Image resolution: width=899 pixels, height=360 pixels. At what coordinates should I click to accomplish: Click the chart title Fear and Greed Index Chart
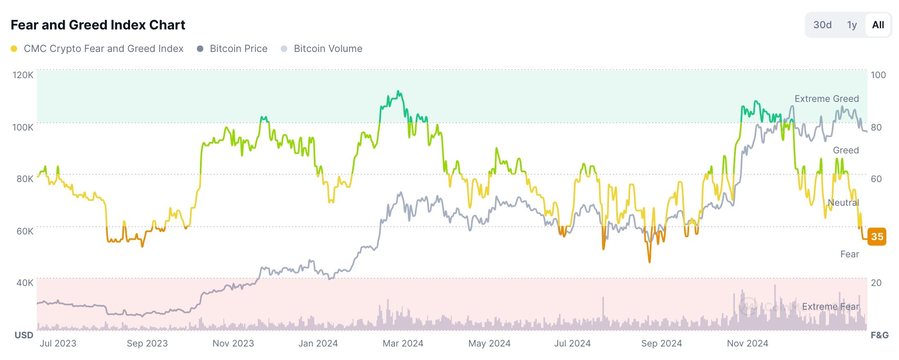pyautogui.click(x=98, y=25)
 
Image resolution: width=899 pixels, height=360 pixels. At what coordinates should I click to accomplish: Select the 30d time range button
pyautogui.click(x=822, y=25)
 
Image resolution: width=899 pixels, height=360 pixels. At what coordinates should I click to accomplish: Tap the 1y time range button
pyautogui.click(x=852, y=25)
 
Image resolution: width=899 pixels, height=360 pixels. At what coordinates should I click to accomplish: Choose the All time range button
pyautogui.click(x=878, y=25)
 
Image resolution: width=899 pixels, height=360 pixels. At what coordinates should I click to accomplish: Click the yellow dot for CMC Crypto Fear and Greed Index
pyautogui.click(x=14, y=49)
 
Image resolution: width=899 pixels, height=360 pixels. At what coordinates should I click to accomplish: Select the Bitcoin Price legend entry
pyautogui.click(x=238, y=49)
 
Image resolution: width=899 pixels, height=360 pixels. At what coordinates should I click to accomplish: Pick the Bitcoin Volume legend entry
pyautogui.click(x=328, y=49)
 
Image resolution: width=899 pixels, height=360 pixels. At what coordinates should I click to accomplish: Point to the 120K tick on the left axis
pyautogui.click(x=23, y=75)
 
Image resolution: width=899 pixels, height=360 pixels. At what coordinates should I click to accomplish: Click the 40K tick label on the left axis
pyautogui.click(x=25, y=283)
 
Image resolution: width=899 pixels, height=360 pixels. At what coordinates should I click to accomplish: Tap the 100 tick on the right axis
pyautogui.click(x=878, y=75)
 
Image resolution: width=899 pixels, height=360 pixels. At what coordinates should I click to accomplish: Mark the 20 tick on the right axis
pyautogui.click(x=876, y=283)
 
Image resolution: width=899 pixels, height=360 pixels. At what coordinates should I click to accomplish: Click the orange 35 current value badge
pyautogui.click(x=877, y=236)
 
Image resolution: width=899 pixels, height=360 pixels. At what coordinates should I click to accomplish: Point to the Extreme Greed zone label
pyautogui.click(x=827, y=99)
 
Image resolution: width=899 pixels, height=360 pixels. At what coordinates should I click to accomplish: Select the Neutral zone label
pyautogui.click(x=843, y=202)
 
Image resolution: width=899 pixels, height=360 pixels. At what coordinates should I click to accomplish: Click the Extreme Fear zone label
pyautogui.click(x=830, y=306)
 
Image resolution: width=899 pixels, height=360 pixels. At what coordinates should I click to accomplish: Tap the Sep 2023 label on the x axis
pyautogui.click(x=147, y=343)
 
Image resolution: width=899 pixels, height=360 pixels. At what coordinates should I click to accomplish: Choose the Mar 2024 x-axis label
pyautogui.click(x=403, y=343)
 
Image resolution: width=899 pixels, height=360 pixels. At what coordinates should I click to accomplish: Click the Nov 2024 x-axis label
pyautogui.click(x=748, y=343)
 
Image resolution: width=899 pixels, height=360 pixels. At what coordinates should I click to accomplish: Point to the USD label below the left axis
pyautogui.click(x=24, y=335)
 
